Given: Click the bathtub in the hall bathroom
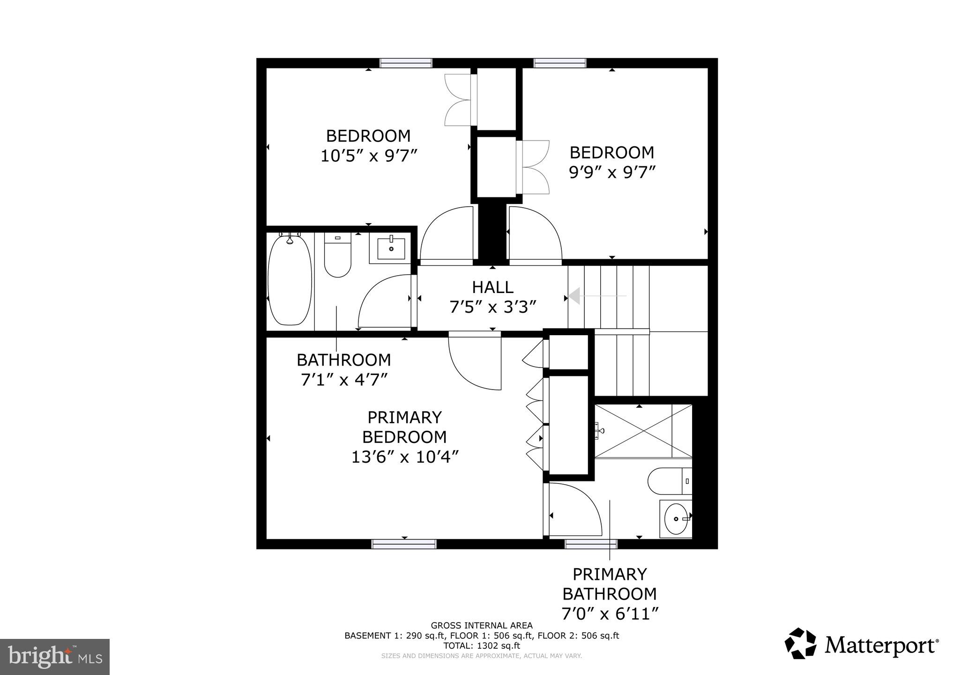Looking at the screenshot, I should pyautogui.click(x=290, y=280).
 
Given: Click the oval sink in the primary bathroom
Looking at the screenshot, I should pyautogui.click(x=676, y=519).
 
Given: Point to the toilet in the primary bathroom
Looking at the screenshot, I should pyautogui.click(x=669, y=481).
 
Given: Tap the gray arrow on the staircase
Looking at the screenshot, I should pyautogui.click(x=575, y=296).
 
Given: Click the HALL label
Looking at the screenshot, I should pyautogui.click(x=492, y=287).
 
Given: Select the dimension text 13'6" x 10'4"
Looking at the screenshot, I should pyautogui.click(x=404, y=457).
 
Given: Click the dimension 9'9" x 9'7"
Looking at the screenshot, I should pyautogui.click(x=611, y=172).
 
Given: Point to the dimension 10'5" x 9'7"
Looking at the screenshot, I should pyautogui.click(x=369, y=156).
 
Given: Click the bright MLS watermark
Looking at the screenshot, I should pyautogui.click(x=55, y=657).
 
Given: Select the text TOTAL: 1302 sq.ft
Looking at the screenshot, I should pyautogui.click(x=482, y=645).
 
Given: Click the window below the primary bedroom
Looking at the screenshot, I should pyautogui.click(x=404, y=544).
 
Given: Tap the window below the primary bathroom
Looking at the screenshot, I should pyautogui.click(x=591, y=544).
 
